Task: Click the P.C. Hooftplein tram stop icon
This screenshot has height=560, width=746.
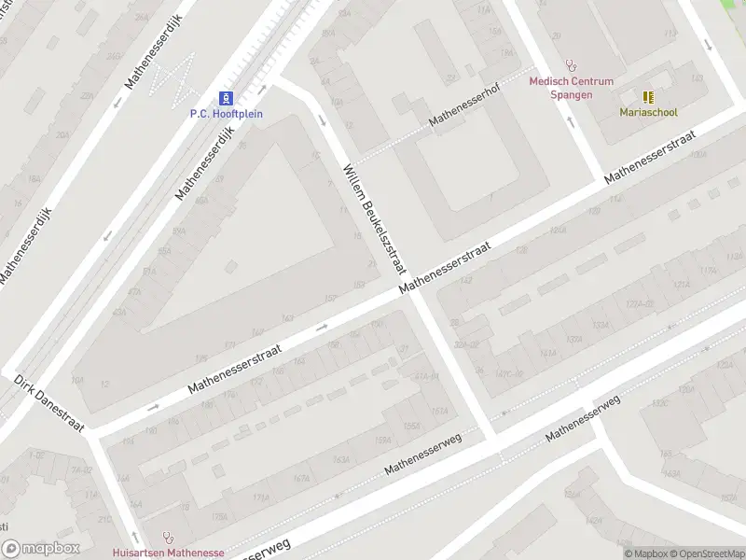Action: coord(226,98)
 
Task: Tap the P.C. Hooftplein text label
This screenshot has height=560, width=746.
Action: coord(227,114)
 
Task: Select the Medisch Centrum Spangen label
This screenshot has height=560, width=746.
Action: coord(571,88)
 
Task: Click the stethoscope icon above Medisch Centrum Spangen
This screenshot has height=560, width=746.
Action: coord(572,67)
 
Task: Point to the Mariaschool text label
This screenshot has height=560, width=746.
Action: coord(648,112)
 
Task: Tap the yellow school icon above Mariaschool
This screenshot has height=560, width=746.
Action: coord(648,96)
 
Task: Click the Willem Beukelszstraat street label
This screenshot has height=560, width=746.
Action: coord(375,219)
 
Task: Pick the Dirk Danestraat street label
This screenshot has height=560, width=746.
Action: coord(49,405)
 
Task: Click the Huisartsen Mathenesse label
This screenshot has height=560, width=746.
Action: coord(168,553)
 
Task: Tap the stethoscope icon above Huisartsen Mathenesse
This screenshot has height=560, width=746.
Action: coord(169,538)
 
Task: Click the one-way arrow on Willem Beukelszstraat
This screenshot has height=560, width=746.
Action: coord(323,119)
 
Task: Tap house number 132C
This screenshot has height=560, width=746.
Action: coord(659,403)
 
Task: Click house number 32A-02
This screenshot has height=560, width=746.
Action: coord(465,344)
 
